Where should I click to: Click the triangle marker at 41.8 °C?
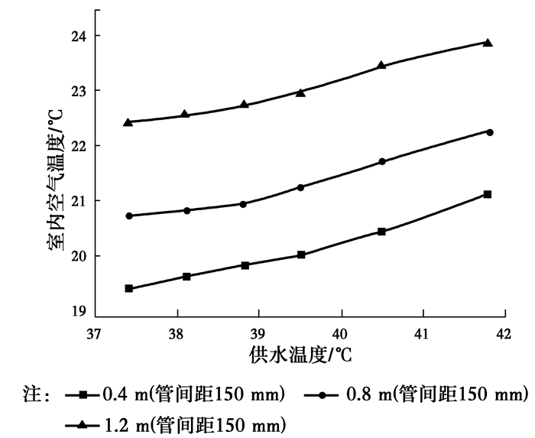(x=488, y=43)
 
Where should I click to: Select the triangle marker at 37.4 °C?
(x=128, y=122)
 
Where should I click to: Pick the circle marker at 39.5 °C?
(x=301, y=187)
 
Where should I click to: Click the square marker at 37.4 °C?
(x=129, y=288)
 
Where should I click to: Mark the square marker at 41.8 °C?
(x=488, y=194)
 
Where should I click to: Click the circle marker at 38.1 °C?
(x=187, y=210)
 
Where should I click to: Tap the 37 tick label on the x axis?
(x=95, y=335)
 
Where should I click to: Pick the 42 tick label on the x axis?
(x=503, y=335)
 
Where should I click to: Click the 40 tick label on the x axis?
(x=342, y=335)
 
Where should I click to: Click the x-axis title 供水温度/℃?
(x=299, y=356)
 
